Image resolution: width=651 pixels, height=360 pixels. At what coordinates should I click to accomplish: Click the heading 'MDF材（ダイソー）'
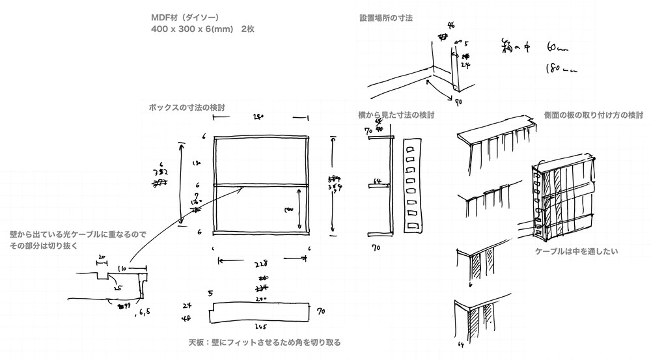point(186,18)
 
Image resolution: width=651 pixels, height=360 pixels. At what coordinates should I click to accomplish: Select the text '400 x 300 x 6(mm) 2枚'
point(202,30)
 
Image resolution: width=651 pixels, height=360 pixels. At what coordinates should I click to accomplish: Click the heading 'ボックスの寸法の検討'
point(187,107)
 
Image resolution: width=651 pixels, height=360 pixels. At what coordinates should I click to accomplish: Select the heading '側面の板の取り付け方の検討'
point(593,115)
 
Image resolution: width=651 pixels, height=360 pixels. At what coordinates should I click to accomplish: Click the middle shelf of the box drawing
point(260,185)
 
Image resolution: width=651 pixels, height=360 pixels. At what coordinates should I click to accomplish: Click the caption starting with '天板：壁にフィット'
point(264,342)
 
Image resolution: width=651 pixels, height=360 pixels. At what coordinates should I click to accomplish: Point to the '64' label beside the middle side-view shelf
point(376,180)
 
